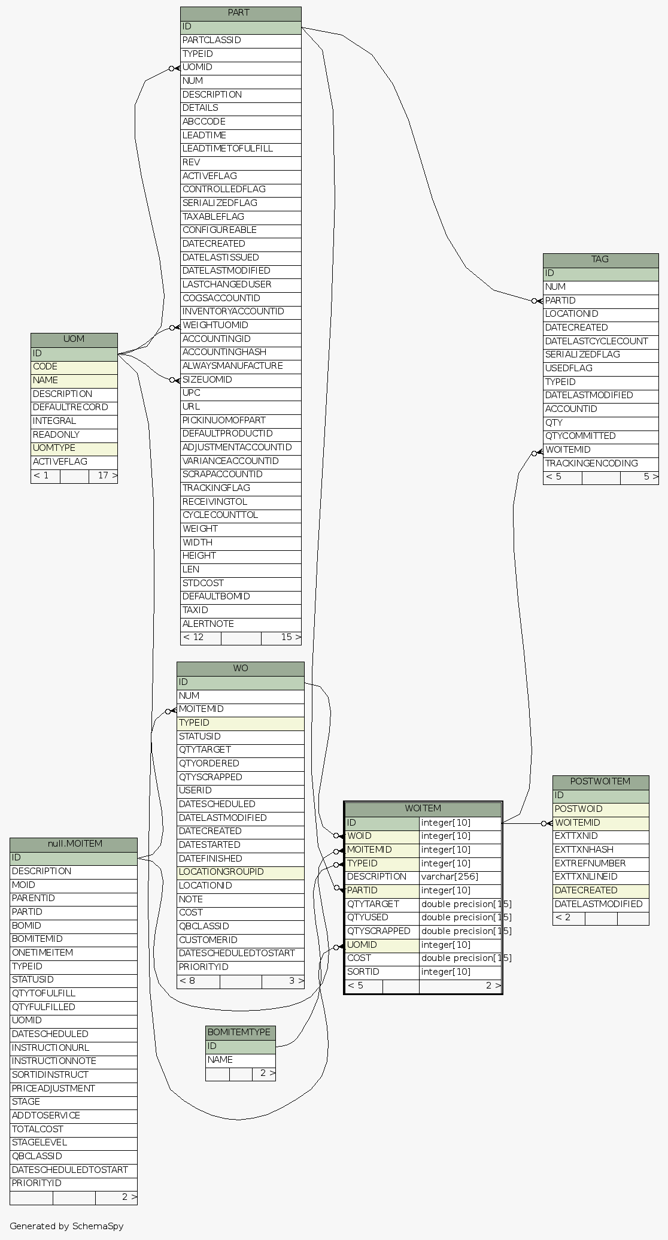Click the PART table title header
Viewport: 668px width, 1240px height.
tap(240, 13)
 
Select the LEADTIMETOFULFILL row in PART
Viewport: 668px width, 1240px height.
tap(240, 148)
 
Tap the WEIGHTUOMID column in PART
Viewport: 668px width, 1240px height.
tap(240, 325)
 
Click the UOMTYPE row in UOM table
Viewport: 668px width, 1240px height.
tap(74, 448)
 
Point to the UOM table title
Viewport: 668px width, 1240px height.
tap(74, 339)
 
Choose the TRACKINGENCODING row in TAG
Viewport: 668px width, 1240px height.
tap(600, 463)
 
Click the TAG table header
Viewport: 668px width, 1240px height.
tap(600, 260)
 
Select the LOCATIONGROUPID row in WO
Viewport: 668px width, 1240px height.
tap(240, 872)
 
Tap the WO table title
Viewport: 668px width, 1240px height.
tap(240, 668)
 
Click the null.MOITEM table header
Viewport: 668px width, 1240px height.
tap(73, 844)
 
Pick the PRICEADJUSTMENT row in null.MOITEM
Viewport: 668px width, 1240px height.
tap(73, 1088)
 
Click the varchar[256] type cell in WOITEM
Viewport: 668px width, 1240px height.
tap(460, 877)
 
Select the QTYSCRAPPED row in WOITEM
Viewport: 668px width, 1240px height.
tap(382, 931)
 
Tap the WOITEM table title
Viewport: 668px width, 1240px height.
tap(423, 809)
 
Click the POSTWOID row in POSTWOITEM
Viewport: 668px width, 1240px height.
tap(600, 809)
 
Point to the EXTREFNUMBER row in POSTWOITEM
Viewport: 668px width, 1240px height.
tap(600, 863)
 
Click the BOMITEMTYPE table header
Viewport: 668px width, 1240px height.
tap(240, 1032)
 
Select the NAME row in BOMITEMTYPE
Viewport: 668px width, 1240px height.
tap(240, 1060)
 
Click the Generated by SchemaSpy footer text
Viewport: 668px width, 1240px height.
tap(66, 1226)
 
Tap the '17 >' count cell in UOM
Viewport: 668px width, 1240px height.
tap(104, 476)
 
